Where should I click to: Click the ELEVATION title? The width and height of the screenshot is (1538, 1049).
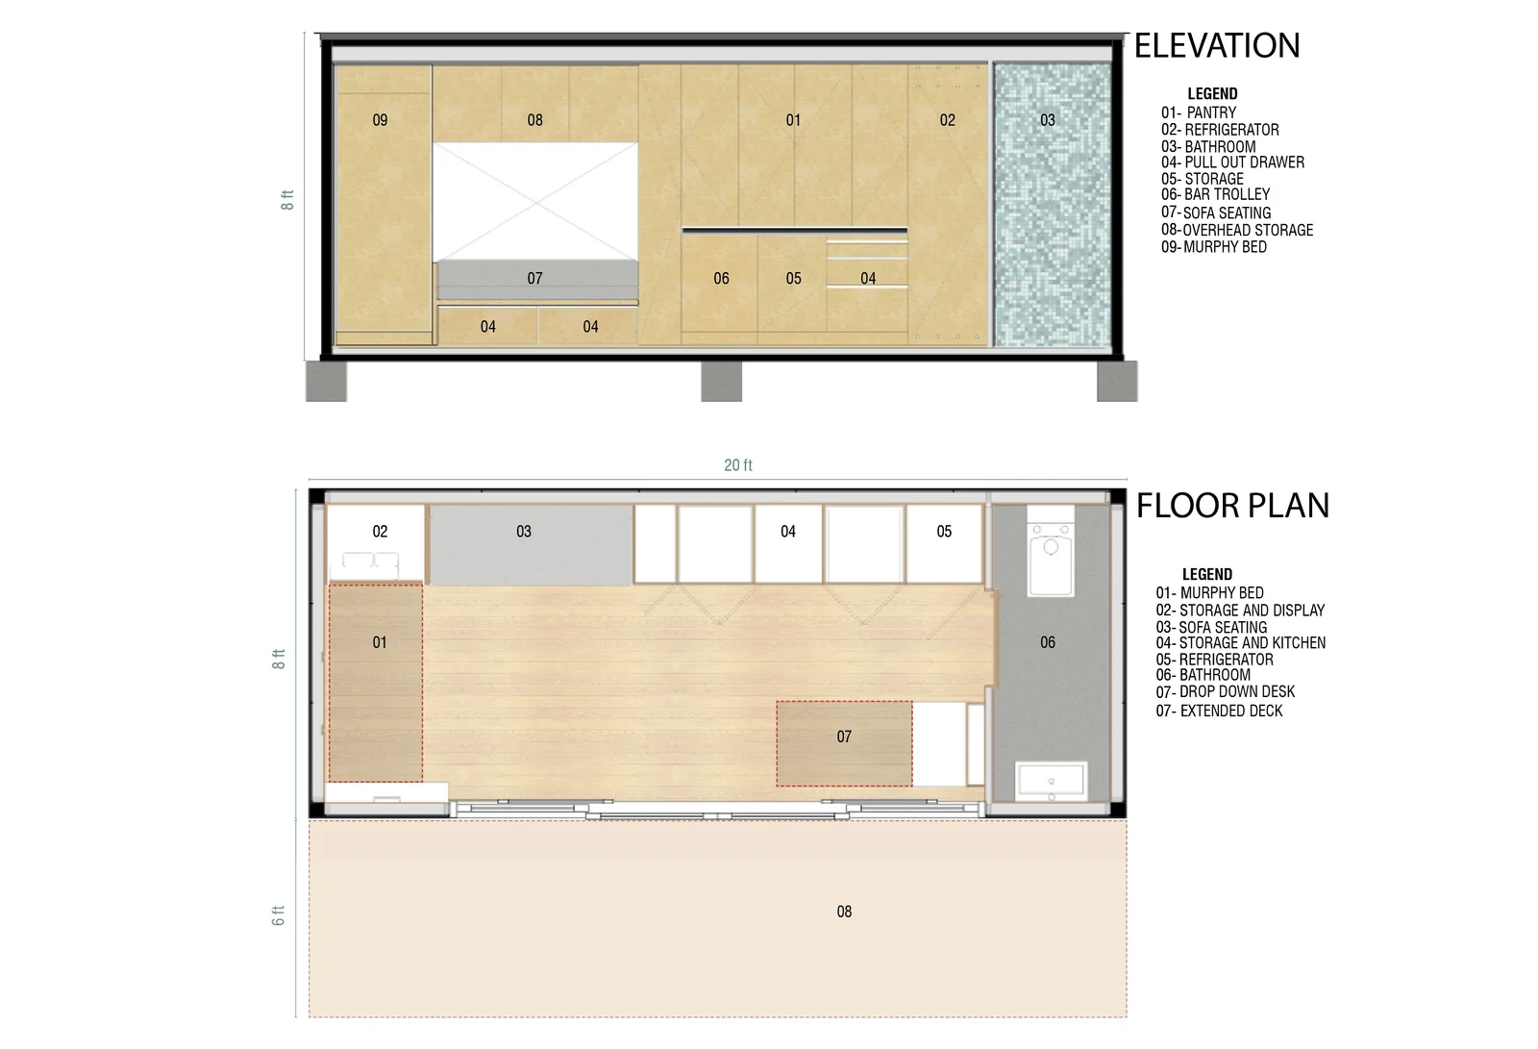[x=1217, y=45]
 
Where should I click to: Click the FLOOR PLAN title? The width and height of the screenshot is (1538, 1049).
[x=1232, y=506]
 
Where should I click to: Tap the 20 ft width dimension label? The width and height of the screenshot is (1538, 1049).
[x=738, y=465]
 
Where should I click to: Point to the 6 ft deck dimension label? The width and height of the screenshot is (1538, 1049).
[x=278, y=915]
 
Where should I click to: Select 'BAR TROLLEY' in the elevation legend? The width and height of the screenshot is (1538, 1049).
[x=1227, y=194]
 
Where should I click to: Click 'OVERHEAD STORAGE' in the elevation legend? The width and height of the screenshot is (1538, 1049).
[x=1248, y=230]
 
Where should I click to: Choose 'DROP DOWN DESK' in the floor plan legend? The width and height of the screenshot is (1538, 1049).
[x=1237, y=691]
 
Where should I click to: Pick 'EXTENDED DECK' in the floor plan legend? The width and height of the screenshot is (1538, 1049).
[x=1231, y=711]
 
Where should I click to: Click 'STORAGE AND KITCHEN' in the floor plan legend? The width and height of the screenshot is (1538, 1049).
[x=1253, y=643]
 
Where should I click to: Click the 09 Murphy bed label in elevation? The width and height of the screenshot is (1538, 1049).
[x=380, y=120]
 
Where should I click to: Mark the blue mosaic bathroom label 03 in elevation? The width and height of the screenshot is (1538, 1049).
[x=1047, y=120]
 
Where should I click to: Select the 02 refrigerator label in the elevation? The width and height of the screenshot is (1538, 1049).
[x=948, y=120]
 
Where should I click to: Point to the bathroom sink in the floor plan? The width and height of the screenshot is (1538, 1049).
[x=1052, y=781]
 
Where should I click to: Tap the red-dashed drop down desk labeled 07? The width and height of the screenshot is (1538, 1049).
[x=844, y=743]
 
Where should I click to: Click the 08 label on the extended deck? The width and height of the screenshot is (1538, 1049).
[x=844, y=912]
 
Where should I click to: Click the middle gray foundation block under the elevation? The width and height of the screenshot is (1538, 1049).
[x=721, y=382]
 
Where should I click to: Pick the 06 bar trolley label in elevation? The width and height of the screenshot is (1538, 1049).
[x=721, y=278]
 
